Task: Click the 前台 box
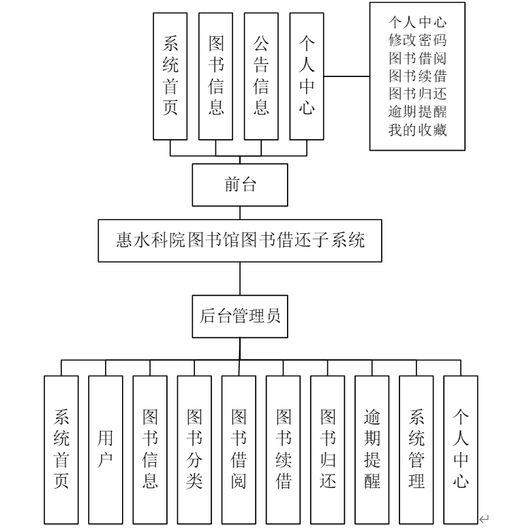(x=239, y=185)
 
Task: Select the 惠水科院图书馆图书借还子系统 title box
(x=239, y=241)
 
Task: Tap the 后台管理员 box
(x=239, y=316)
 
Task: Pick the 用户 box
(x=105, y=449)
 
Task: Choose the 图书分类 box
(x=194, y=449)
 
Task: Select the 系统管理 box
(x=416, y=449)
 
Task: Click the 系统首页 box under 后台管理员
(x=61, y=449)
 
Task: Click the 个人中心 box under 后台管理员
(x=460, y=449)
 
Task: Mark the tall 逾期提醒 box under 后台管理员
(x=372, y=449)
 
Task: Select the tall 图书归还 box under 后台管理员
(x=327, y=449)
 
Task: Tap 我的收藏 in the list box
(x=417, y=130)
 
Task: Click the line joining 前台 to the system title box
(x=239, y=213)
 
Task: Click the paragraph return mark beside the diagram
(x=484, y=520)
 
